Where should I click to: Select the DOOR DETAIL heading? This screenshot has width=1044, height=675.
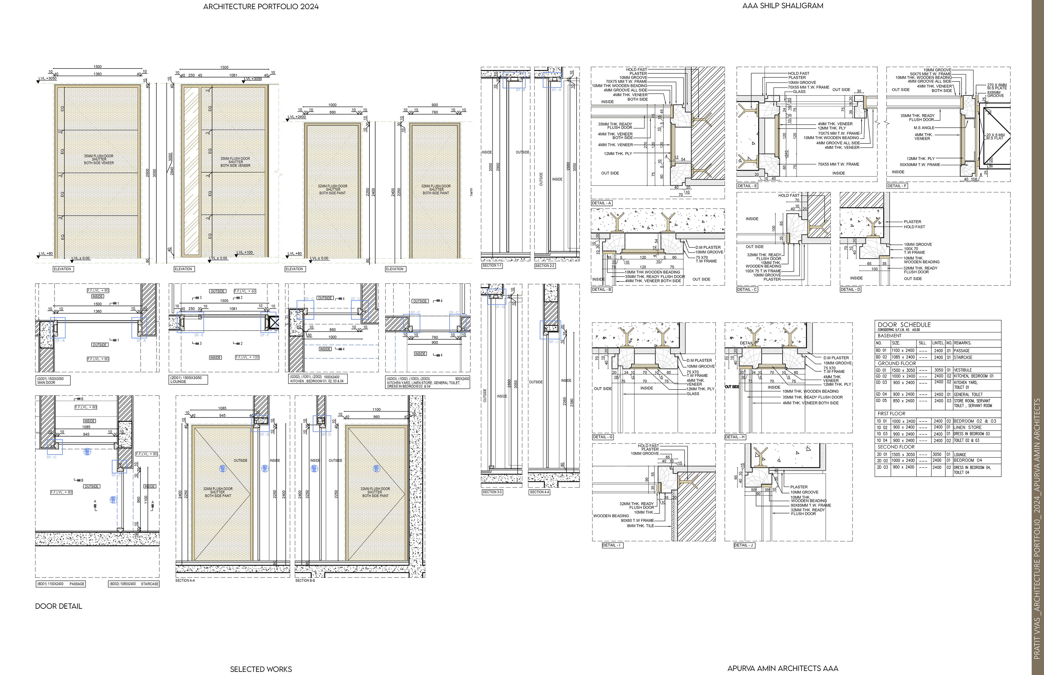click(58, 606)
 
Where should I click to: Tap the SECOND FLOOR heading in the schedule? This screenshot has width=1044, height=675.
click(896, 447)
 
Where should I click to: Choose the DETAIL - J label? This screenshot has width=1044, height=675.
click(744, 545)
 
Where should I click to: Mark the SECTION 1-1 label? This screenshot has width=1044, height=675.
click(492, 266)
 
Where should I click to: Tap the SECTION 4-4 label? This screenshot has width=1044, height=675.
click(539, 492)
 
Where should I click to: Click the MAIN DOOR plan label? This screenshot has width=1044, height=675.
click(46, 383)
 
